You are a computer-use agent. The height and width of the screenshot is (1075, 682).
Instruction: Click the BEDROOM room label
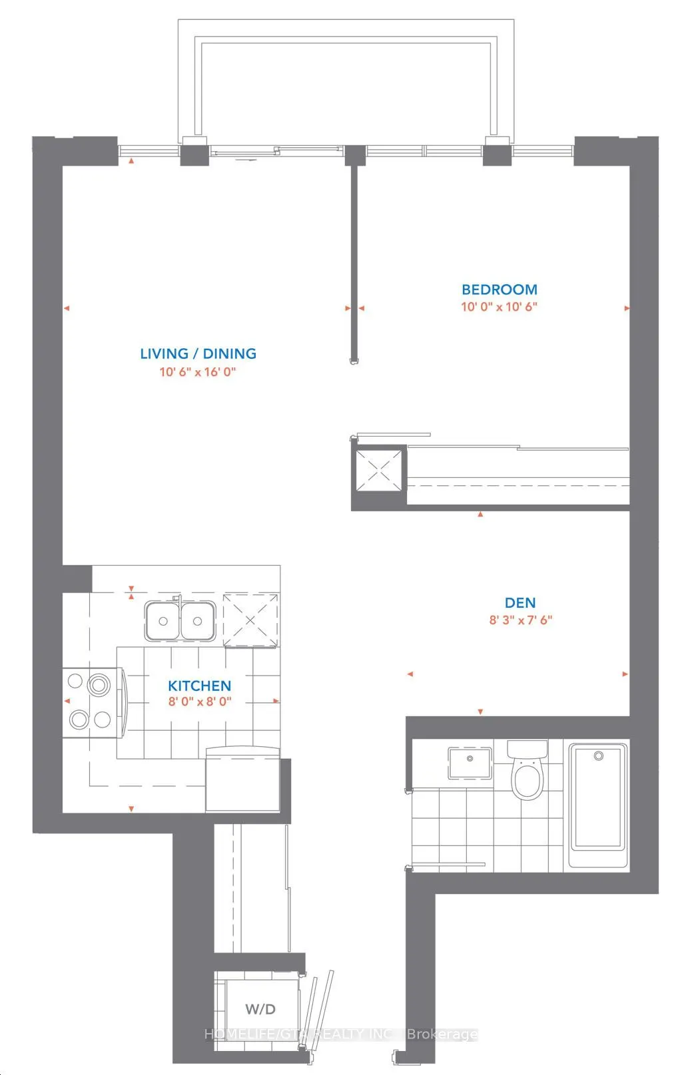(499, 290)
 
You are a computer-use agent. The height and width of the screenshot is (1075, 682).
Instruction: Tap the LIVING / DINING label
(198, 353)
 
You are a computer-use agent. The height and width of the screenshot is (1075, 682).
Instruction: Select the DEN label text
(520, 602)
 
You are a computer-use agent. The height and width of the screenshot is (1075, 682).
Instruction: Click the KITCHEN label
(199, 686)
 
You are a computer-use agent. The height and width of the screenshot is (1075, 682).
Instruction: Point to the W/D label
(260, 1009)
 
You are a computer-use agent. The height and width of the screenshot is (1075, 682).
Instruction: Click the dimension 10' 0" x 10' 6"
(499, 307)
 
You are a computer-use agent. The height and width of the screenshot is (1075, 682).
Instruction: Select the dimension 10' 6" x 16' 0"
(198, 371)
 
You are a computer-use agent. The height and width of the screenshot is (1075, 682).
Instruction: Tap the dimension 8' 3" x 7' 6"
(520, 620)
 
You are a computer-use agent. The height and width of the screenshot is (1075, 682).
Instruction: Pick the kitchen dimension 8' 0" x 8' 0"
(199, 701)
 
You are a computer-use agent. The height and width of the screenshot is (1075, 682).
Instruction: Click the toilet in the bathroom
(527, 772)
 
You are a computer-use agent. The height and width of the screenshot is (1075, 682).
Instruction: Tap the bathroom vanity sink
(470, 762)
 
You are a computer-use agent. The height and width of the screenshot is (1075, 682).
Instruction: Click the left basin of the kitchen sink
(163, 621)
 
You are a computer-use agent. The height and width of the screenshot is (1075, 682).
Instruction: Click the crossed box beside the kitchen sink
(250, 620)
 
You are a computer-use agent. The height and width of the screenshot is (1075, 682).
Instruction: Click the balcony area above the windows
(346, 87)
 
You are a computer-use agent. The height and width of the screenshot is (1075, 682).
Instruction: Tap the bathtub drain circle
(598, 756)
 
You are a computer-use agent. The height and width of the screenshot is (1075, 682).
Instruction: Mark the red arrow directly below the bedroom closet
(480, 514)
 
